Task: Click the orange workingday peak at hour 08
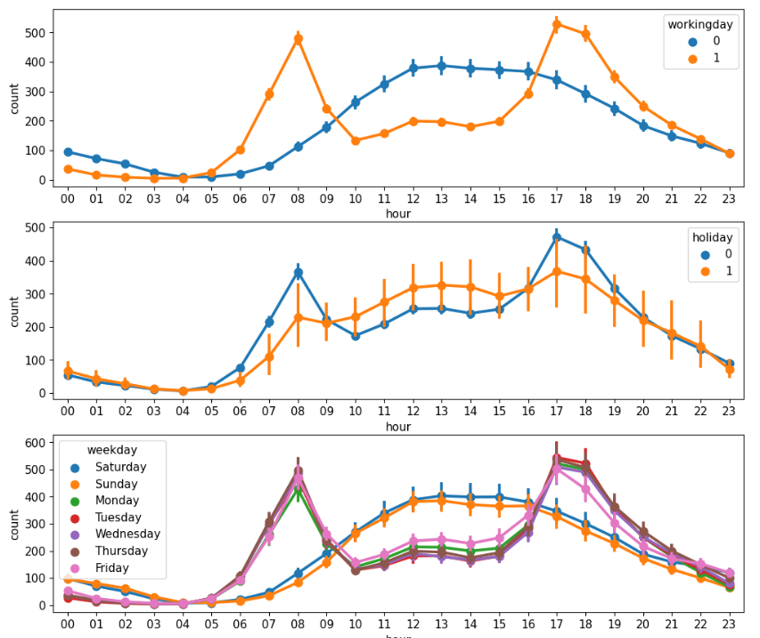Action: click(298, 39)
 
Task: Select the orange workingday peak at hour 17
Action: click(556, 25)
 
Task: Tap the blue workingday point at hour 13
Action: click(441, 66)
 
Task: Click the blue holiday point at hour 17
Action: click(556, 237)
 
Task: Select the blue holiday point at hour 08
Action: click(298, 273)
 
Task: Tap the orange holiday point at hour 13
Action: click(441, 285)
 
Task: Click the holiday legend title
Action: click(713, 238)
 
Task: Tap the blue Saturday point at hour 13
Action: click(441, 495)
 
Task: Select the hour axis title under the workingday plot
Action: click(397, 214)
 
